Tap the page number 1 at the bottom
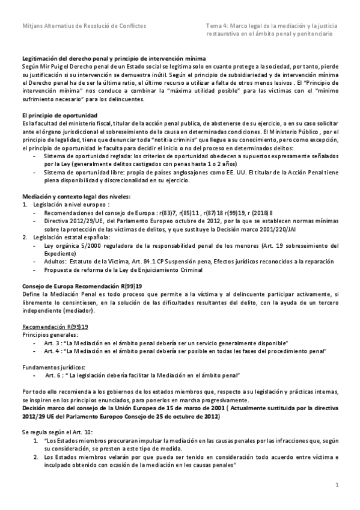337,484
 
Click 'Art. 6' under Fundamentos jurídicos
54,375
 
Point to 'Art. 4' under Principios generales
52,349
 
